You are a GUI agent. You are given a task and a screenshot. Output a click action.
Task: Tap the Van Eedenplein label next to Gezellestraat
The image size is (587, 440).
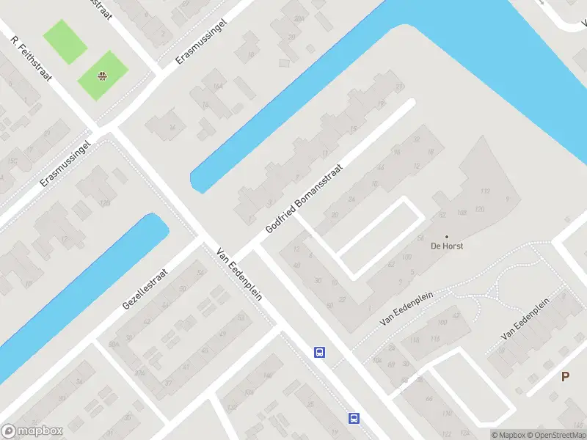pyautogui.click(x=239, y=274)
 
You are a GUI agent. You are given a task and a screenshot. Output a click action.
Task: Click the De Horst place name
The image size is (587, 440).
pyautogui.click(x=447, y=246)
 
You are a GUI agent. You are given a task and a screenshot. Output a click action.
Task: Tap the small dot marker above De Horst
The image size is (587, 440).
pyautogui.click(x=446, y=236)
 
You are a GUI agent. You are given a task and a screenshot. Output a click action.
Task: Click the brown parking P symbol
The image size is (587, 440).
pyautogui.click(x=565, y=377)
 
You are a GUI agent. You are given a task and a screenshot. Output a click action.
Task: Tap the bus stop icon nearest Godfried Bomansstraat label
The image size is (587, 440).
pyautogui.click(x=320, y=352)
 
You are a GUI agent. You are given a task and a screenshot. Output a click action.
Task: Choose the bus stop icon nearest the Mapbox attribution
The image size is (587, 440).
pyautogui.click(x=354, y=418)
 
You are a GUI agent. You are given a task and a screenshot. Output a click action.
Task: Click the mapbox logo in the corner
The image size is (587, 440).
pyautogui.click(x=32, y=431)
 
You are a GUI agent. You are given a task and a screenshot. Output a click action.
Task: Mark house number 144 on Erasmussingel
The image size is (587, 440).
pyautogui.click(x=217, y=87)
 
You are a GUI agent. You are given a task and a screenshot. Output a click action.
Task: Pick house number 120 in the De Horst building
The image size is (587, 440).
pyautogui.click(x=480, y=209)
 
